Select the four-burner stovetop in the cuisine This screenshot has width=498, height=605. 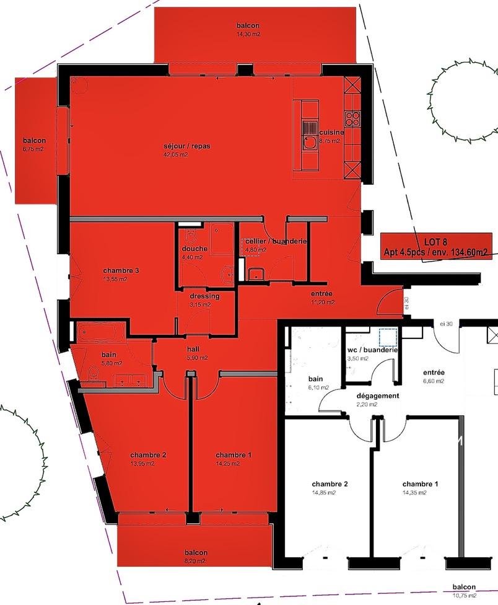pyautogui.click(x=352, y=118)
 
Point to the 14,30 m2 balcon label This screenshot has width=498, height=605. pyautogui.click(x=248, y=30)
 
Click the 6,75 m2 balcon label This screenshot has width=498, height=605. pyautogui.click(x=34, y=144)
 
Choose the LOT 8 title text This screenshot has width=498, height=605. pyautogui.click(x=435, y=242)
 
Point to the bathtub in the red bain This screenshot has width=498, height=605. pyautogui.click(x=101, y=332)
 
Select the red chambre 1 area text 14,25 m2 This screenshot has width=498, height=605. pyautogui.click(x=228, y=464)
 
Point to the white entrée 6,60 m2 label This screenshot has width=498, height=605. pyautogui.click(x=434, y=377)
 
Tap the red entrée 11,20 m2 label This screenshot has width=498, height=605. pyautogui.click(x=323, y=298)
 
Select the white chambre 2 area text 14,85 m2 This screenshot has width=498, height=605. pyautogui.click(x=324, y=493)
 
